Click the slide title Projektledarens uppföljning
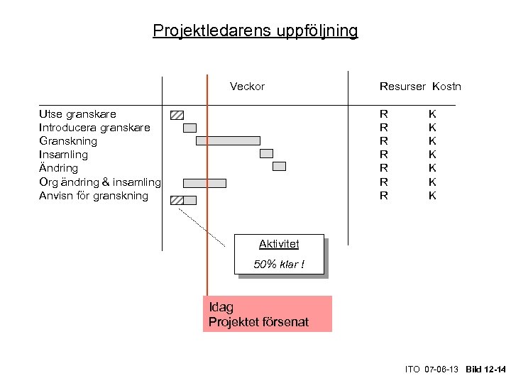click(255, 31)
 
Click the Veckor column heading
click(247, 87)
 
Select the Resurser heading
click(402, 87)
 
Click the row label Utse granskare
click(77, 114)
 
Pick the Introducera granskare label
click(94, 128)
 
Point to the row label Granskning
click(68, 141)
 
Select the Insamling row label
click(64, 155)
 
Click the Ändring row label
click(59, 168)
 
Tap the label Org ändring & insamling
click(100, 182)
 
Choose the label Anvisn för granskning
click(94, 196)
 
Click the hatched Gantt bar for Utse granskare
click(177, 115)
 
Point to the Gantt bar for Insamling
click(266, 153)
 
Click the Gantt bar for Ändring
click(279, 166)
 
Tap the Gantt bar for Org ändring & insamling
click(204, 183)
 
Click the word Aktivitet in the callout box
click(279, 244)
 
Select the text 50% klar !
click(279, 265)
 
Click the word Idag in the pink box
click(221, 307)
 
